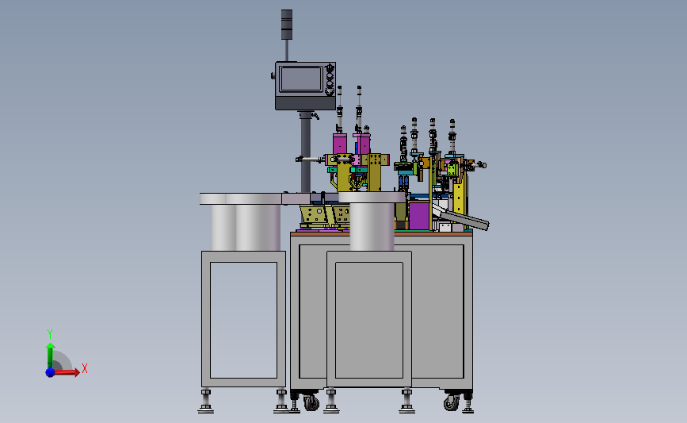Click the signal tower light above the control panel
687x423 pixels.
pyautogui.click(x=287, y=24)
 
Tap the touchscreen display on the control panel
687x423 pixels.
pyautogui.click(x=301, y=79)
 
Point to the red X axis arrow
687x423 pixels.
pyautogui.click(x=65, y=372)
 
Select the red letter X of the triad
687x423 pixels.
pyautogui.click(x=85, y=368)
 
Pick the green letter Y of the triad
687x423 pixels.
pyautogui.click(x=49, y=334)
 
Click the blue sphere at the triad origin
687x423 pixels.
pyautogui.click(x=50, y=372)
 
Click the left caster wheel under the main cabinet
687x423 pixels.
pyautogui.click(x=311, y=402)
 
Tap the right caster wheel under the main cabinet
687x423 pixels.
pyautogui.click(x=452, y=402)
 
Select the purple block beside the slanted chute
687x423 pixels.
pyautogui.click(x=419, y=215)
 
